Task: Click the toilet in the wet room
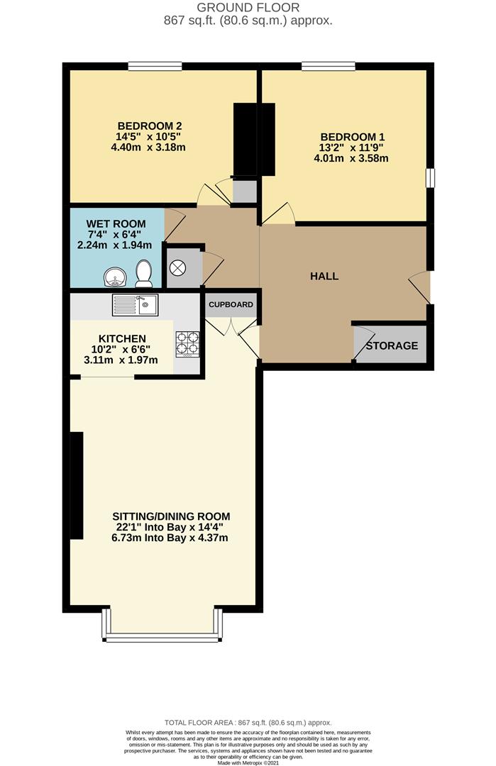[144, 272]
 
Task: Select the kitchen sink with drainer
[135, 306]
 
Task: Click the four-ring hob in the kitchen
[187, 344]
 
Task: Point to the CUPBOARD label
[231, 305]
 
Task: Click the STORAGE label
[392, 346]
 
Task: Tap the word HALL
[324, 276]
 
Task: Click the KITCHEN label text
[122, 338]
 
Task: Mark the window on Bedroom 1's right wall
[430, 178]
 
